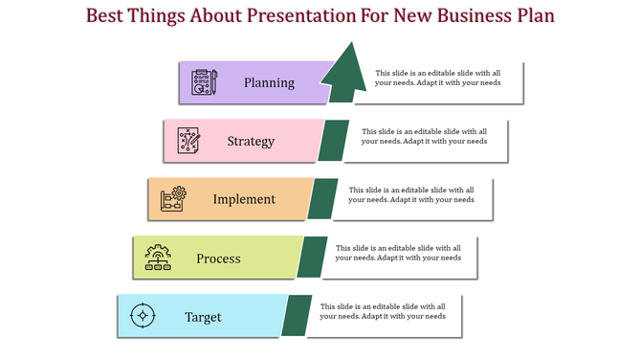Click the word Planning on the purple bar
[269, 82]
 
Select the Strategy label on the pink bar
[251, 142]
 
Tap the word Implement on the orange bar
[244, 200]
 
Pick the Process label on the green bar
[218, 259]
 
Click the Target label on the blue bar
[203, 317]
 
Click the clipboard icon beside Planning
[204, 82]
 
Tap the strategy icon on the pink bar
[189, 141]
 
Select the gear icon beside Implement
[173, 199]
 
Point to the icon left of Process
[158, 258]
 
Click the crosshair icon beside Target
[143, 315]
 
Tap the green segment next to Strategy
[333, 141]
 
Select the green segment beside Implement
[322, 199]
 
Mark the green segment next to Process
[312, 258]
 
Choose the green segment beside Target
[297, 316]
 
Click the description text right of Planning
[437, 78]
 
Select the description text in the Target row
[383, 311]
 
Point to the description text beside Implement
[411, 194]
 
